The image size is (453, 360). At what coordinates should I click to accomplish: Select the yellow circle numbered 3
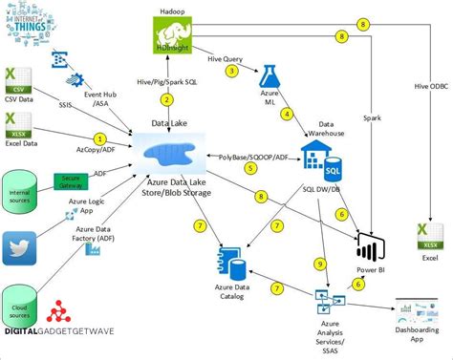pos(230,71)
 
